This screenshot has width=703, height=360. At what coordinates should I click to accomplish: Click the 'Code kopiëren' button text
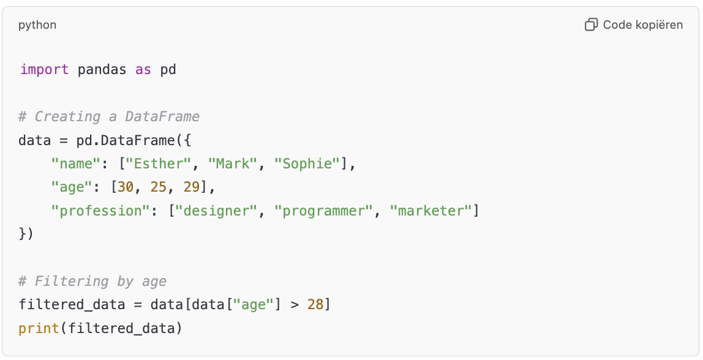pyautogui.click(x=642, y=25)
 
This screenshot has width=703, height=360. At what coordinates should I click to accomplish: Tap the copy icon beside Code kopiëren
pyautogui.click(x=591, y=25)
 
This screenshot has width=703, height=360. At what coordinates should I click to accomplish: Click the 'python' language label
pyautogui.click(x=37, y=25)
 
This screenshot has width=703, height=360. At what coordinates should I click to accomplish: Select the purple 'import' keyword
pyautogui.click(x=44, y=69)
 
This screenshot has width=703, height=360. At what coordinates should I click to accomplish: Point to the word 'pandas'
pyautogui.click(x=102, y=69)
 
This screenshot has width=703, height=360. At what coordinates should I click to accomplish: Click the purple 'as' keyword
pyautogui.click(x=143, y=69)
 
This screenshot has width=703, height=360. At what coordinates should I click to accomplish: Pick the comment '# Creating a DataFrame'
pyautogui.click(x=109, y=116)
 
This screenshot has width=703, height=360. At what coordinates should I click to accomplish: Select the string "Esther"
pyautogui.click(x=164, y=163)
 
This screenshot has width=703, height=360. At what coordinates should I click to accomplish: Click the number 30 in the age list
pyautogui.click(x=126, y=187)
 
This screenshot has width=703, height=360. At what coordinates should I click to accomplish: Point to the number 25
pyautogui.click(x=159, y=187)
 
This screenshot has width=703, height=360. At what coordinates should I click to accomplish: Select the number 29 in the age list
pyautogui.click(x=192, y=187)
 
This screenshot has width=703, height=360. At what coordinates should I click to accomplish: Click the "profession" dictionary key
pyautogui.click(x=97, y=211)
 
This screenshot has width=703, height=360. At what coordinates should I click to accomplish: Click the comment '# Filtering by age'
pyautogui.click(x=92, y=281)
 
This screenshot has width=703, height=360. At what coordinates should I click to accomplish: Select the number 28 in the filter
pyautogui.click(x=315, y=304)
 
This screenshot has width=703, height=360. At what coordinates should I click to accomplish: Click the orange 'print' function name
pyautogui.click(x=39, y=328)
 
